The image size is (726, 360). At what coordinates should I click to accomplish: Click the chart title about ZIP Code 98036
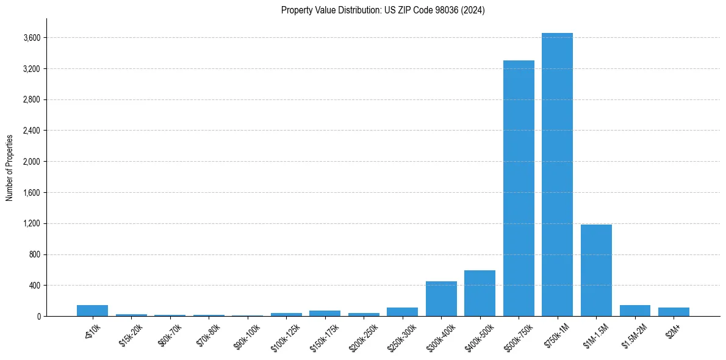[383, 10]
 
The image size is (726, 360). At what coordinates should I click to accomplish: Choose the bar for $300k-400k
[441, 298]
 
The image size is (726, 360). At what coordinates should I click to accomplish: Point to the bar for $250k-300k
[402, 312]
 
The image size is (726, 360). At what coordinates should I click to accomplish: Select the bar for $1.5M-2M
[634, 311]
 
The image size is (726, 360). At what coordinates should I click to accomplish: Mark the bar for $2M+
[674, 312]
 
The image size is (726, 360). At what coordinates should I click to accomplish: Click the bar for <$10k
[92, 311]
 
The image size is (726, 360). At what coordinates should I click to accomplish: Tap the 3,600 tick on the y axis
[32, 38]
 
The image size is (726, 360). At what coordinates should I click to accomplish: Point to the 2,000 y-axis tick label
[32, 162]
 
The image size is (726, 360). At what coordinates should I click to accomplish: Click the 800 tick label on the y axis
[34, 254]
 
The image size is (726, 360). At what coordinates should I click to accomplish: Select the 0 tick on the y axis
[38, 316]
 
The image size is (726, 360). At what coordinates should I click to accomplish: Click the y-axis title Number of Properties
[10, 167]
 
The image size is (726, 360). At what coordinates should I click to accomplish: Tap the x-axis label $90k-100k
[246, 333]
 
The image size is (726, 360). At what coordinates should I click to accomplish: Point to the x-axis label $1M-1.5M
[595, 333]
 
